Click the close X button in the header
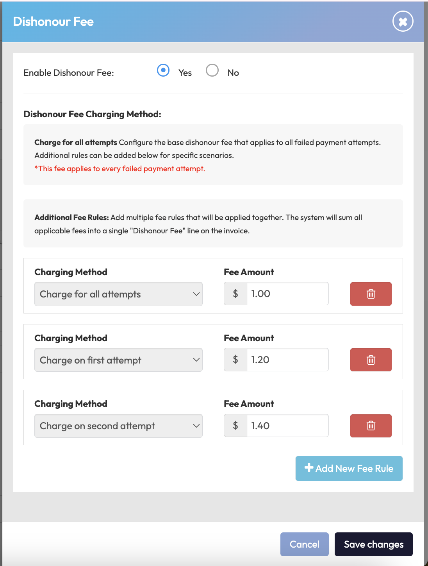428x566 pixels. click(403, 21)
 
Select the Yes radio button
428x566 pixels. click(163, 70)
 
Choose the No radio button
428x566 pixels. click(212, 70)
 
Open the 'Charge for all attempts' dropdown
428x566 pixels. click(118, 294)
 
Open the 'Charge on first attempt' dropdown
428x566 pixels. click(118, 360)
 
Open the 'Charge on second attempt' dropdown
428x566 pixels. click(118, 426)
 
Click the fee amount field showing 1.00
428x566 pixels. click(287, 294)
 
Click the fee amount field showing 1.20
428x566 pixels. click(287, 360)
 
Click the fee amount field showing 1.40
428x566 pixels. click(287, 426)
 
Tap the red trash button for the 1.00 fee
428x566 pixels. click(371, 294)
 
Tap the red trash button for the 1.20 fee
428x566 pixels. click(371, 360)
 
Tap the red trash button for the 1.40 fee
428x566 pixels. click(371, 426)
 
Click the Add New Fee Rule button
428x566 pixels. click(349, 468)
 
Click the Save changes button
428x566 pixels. click(373, 544)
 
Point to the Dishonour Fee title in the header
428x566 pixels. click(53, 21)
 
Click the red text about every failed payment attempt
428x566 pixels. click(120, 168)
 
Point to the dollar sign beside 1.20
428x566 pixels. click(235, 360)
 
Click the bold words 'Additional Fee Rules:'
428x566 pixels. click(71, 217)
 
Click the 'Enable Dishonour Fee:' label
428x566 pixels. click(69, 73)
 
